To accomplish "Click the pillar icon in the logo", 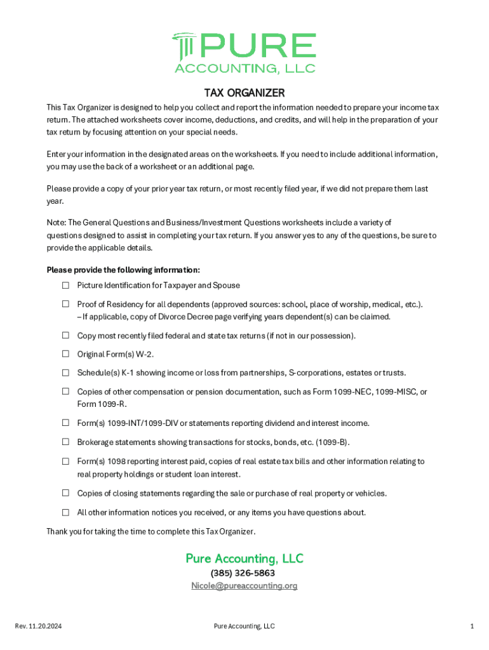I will [x=184, y=45].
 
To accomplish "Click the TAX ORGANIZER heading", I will [x=244, y=93].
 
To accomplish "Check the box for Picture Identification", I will [x=65, y=286].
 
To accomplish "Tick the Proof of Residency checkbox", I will [x=65, y=304].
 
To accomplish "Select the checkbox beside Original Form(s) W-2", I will [x=65, y=354].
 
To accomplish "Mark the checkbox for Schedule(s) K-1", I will [x=65, y=373].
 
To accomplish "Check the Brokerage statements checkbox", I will [x=65, y=442].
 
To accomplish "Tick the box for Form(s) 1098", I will [x=65, y=461].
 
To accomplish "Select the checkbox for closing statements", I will [x=65, y=493].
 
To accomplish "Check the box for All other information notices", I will [x=65, y=512].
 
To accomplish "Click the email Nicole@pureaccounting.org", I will [x=245, y=586].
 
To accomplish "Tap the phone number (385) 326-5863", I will [x=245, y=573].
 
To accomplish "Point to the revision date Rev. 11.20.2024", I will [x=38, y=627].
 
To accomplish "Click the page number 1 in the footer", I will [x=472, y=627].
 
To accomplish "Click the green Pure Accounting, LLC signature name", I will [x=245, y=559].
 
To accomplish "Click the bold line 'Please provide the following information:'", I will [x=123, y=270].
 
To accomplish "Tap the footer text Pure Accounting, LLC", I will [x=245, y=627].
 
